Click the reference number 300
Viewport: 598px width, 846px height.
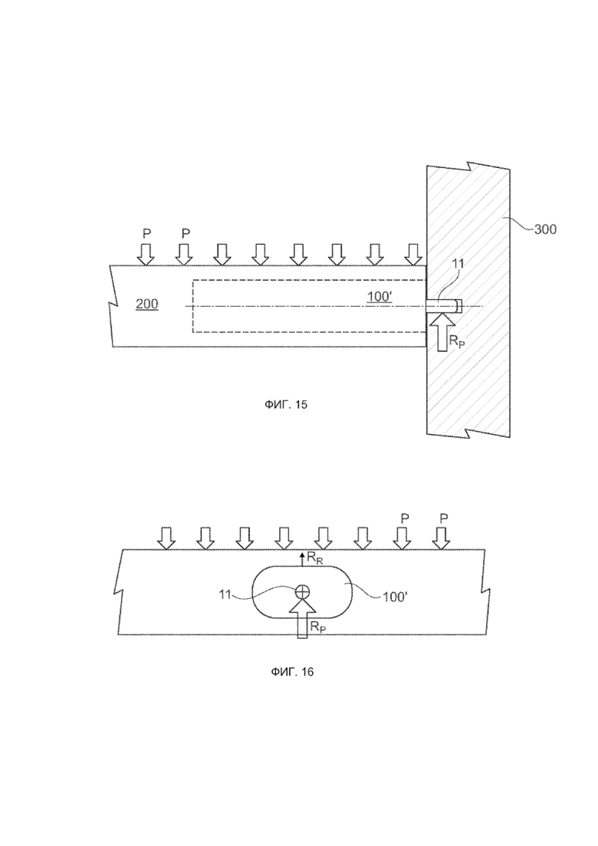545,229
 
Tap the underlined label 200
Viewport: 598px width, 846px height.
146,304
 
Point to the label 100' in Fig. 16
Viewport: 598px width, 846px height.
395,597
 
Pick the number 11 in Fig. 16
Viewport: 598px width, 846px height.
225,594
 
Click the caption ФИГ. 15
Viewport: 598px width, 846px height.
286,404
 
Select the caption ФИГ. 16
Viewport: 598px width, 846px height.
292,672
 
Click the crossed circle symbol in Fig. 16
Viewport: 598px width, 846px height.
303,591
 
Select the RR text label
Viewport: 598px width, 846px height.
315,559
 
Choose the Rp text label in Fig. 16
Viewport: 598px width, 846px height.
318,627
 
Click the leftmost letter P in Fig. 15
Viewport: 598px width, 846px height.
146,234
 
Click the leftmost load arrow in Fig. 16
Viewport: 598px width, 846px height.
166,538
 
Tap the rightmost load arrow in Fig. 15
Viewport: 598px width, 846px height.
413,254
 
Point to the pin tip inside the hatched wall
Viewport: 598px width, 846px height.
459,305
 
